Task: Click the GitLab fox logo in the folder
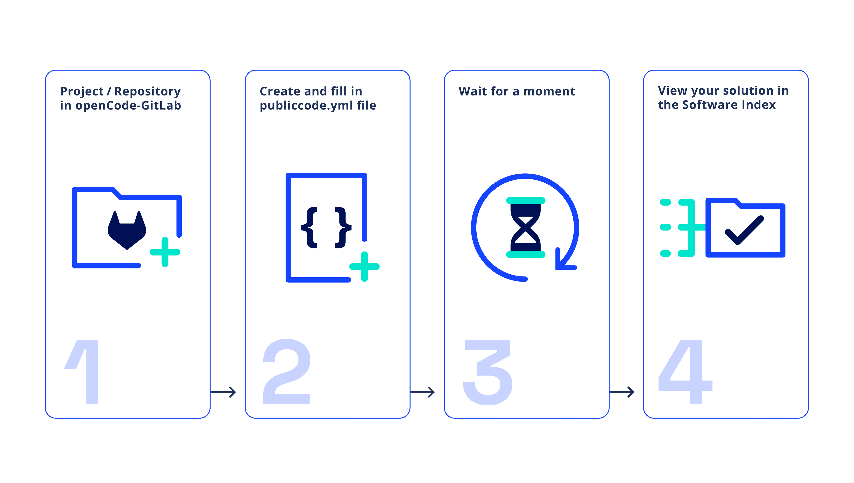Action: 127,230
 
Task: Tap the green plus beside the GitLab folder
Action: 165,252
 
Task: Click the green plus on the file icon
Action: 364,266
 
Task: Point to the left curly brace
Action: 310,227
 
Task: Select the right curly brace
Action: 343,227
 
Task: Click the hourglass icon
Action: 526,227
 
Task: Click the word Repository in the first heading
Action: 147,91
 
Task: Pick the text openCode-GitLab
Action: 128,106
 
